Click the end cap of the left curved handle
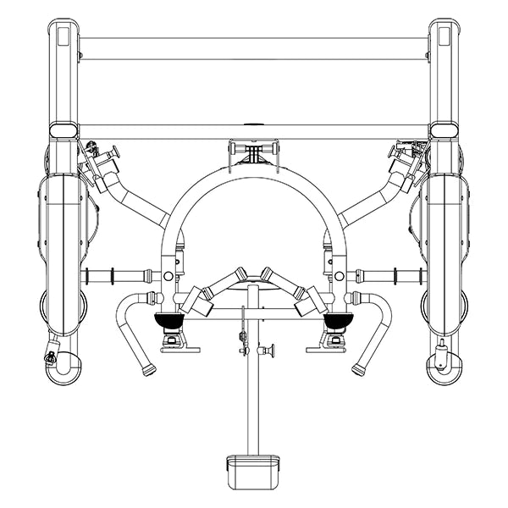click(x=150, y=370)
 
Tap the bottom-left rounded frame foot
click(x=64, y=368)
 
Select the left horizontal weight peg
click(x=114, y=275)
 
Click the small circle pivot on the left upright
click(x=168, y=276)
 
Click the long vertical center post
click(x=252, y=389)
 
